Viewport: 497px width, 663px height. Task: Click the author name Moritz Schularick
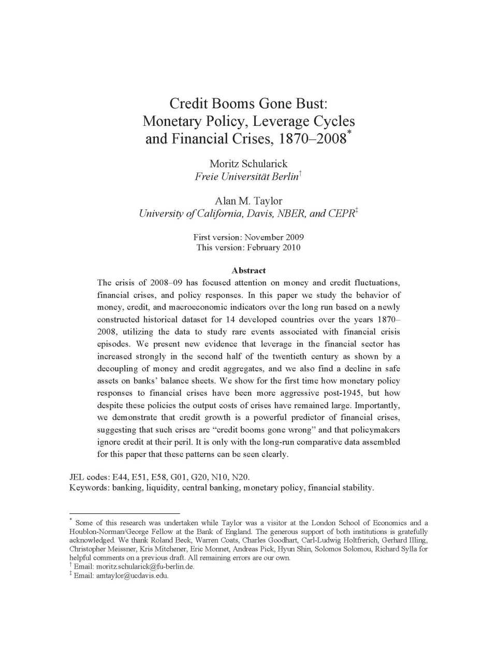(248, 164)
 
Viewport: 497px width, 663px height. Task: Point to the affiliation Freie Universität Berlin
(246, 177)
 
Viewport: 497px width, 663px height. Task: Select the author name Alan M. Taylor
(248, 201)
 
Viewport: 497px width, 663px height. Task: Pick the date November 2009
(274, 237)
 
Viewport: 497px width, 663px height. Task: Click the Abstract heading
(248, 270)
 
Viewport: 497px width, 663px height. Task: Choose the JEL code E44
(120, 477)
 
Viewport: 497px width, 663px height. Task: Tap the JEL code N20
(240, 477)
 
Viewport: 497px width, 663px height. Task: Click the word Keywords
(89, 488)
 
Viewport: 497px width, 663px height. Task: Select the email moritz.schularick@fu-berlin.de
(145, 567)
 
